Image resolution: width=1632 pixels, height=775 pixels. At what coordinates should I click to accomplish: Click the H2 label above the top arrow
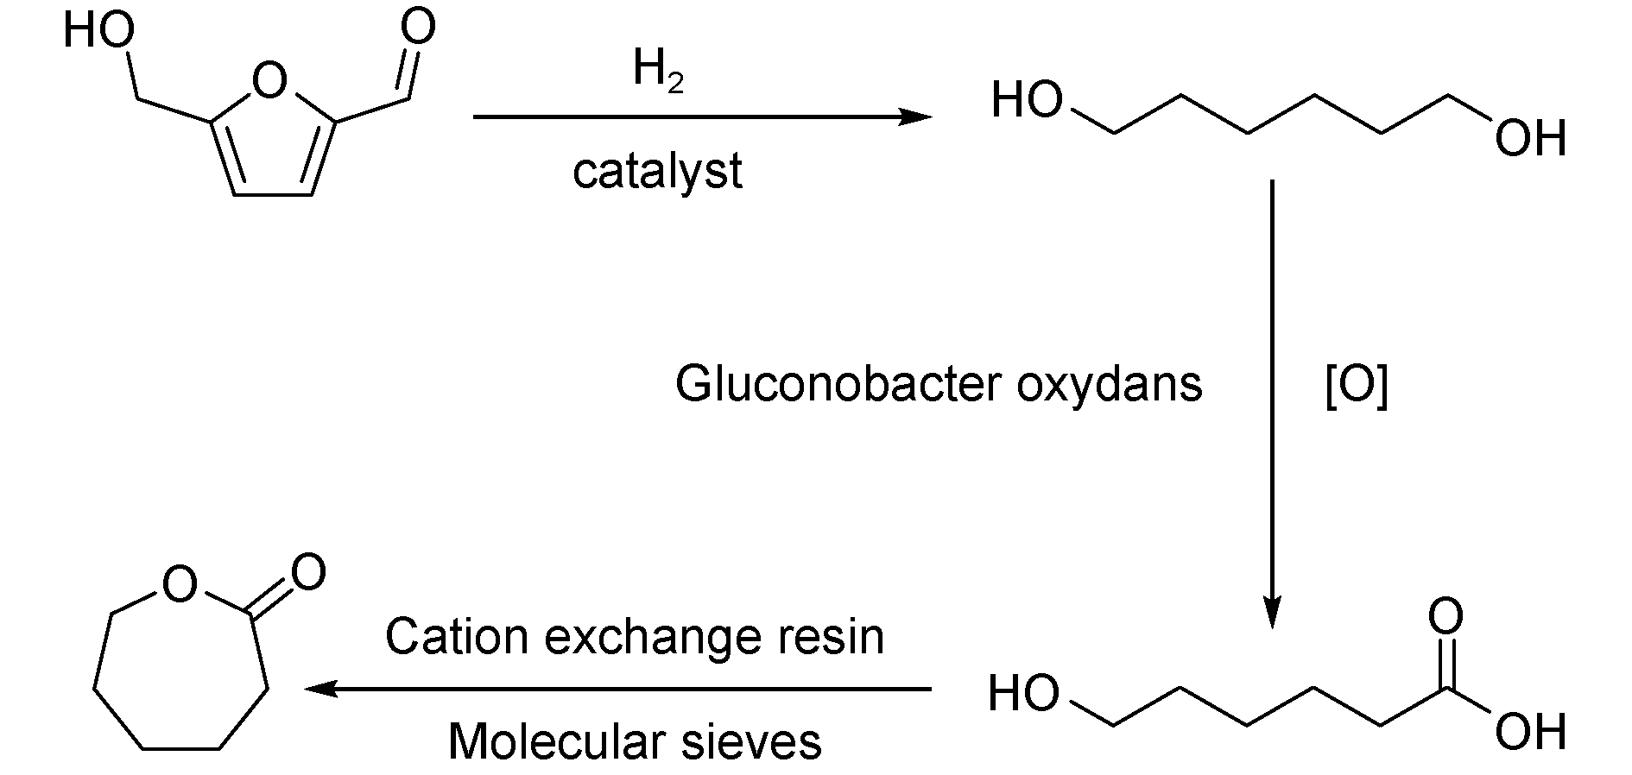(x=658, y=71)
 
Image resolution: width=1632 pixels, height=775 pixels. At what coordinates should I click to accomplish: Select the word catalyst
(x=657, y=171)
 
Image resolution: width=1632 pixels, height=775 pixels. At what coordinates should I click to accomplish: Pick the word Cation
(x=455, y=637)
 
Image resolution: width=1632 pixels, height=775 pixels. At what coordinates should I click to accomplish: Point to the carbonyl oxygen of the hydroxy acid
(x=1446, y=617)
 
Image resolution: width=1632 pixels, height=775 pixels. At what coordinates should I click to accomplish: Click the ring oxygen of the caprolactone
(x=180, y=586)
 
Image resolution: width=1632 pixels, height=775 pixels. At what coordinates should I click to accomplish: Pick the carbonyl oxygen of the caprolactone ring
(x=307, y=572)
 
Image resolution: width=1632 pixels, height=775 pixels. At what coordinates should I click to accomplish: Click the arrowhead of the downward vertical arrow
(x=1272, y=612)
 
